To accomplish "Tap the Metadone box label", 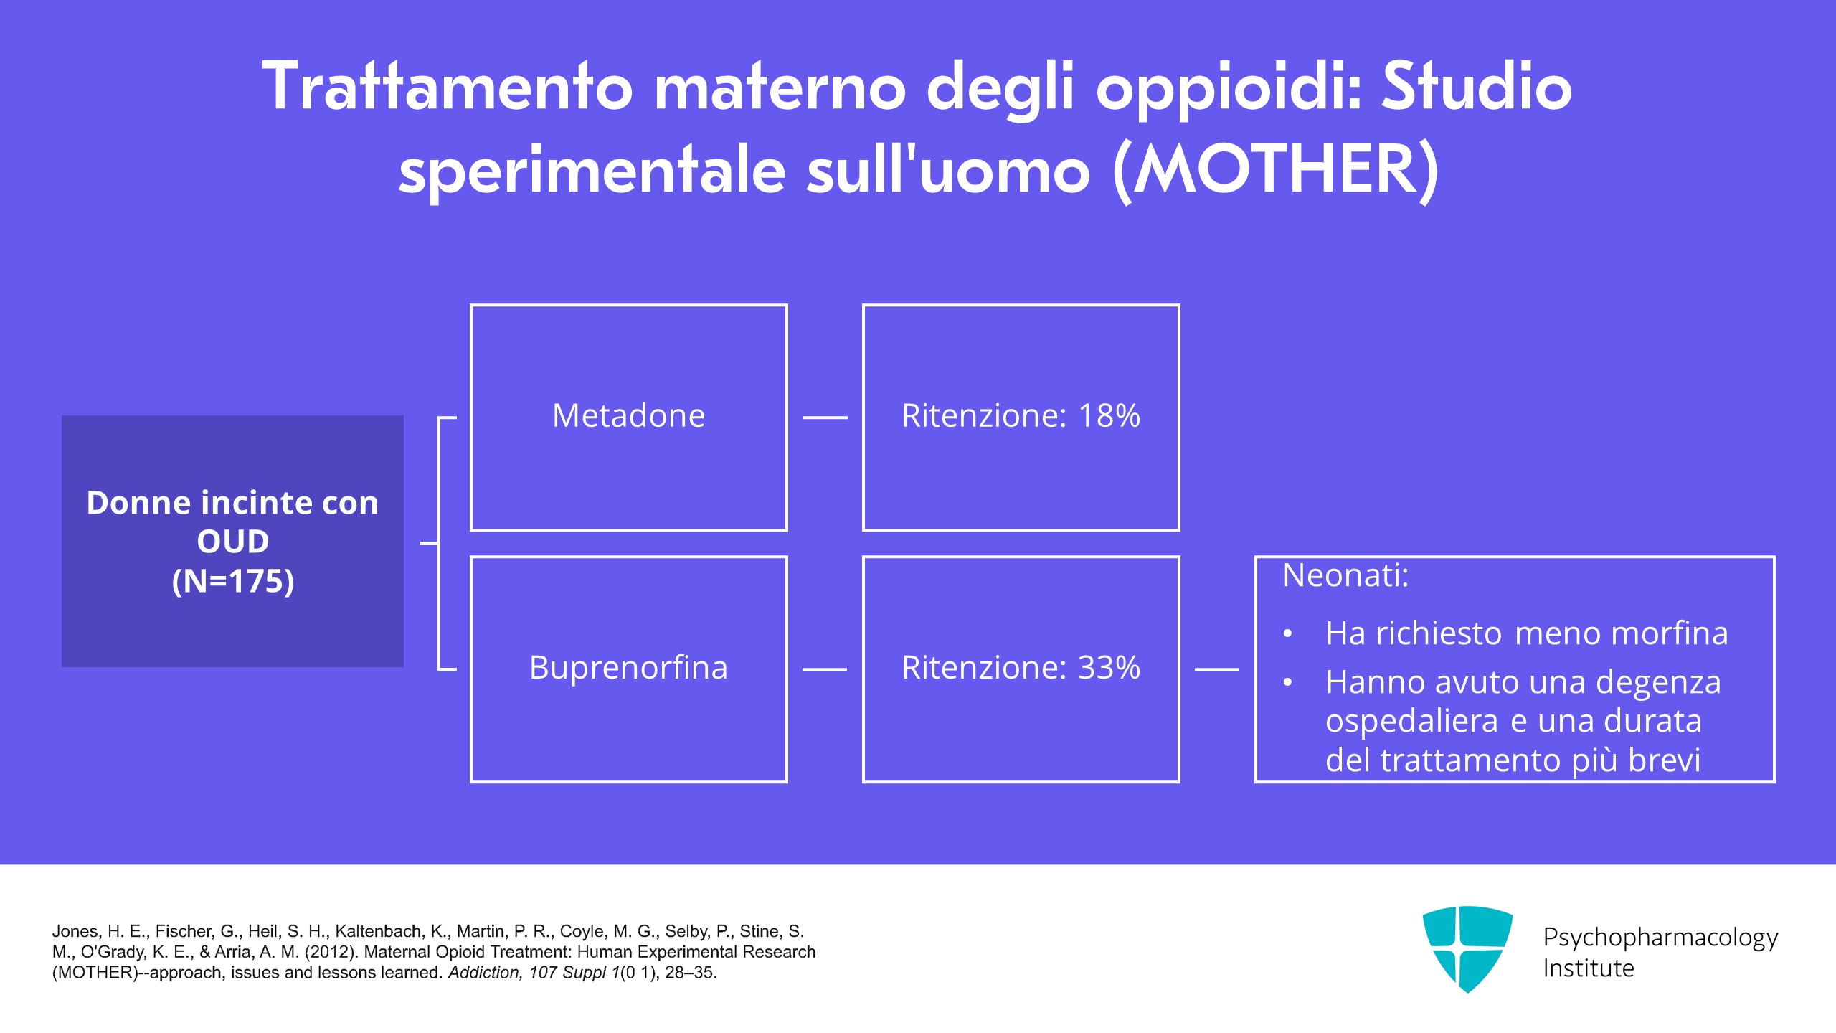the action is click(628, 415).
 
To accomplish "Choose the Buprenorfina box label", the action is click(628, 667).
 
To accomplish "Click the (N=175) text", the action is click(233, 581).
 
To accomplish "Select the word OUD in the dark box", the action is click(233, 542).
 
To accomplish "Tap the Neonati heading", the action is click(1345, 575).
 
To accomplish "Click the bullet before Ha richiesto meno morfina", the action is click(1288, 634).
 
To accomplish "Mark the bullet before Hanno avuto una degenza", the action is click(1288, 683).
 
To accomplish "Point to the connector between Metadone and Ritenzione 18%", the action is click(825, 417).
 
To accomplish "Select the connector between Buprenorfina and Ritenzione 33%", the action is click(825, 669).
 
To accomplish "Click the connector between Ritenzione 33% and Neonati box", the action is click(1217, 669).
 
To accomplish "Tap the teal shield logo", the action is click(1467, 948).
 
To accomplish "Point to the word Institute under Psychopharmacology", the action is click(1589, 968).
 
